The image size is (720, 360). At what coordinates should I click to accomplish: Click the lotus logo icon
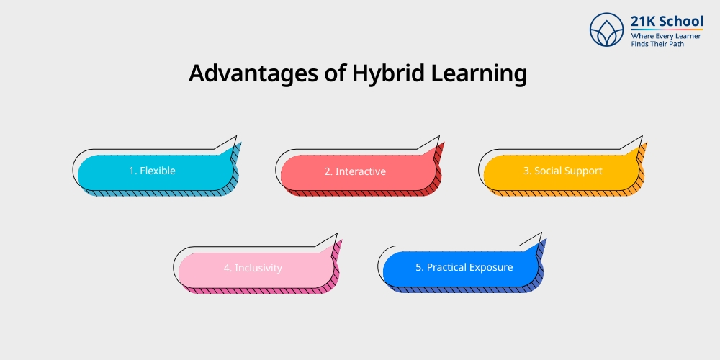(x=606, y=30)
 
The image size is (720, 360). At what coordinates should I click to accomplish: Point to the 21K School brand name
(x=667, y=21)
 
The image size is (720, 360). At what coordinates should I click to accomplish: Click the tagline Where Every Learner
(x=665, y=35)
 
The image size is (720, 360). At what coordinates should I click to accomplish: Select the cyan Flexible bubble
(x=152, y=171)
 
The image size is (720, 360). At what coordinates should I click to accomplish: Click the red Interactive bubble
(x=355, y=172)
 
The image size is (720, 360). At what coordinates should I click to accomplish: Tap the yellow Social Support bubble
(x=558, y=171)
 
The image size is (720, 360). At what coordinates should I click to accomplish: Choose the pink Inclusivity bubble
(x=253, y=268)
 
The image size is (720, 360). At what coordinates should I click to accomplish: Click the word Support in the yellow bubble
(x=583, y=171)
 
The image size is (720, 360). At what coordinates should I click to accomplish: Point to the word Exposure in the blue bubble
(x=490, y=267)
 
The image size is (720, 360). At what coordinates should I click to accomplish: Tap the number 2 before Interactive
(x=327, y=172)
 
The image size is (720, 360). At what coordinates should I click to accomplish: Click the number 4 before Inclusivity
(x=227, y=268)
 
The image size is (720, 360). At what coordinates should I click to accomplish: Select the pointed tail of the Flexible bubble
(x=232, y=143)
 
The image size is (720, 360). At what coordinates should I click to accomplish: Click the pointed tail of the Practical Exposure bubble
(x=536, y=239)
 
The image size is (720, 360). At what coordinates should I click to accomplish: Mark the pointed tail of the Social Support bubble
(x=638, y=143)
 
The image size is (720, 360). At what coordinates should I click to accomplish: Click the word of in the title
(x=328, y=74)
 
